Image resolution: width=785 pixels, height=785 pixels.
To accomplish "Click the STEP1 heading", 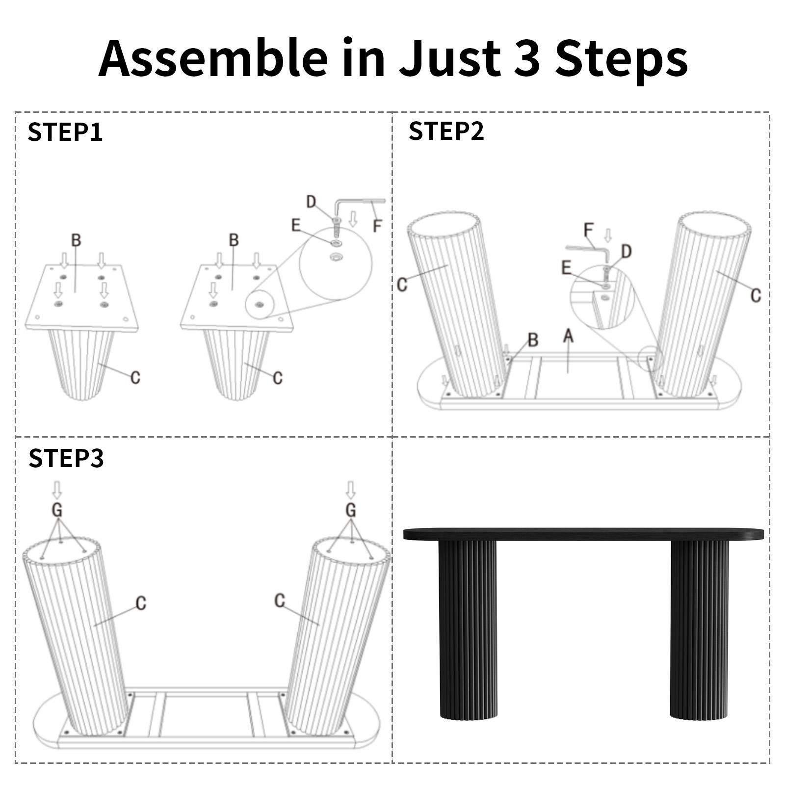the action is tap(65, 132).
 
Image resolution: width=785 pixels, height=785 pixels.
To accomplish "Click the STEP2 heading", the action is tap(446, 131).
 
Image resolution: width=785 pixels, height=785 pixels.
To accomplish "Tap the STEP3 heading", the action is tap(66, 458).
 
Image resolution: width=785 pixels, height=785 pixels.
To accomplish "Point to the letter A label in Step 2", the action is tap(568, 336).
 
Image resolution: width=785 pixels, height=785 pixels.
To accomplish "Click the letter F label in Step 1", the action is tap(377, 226).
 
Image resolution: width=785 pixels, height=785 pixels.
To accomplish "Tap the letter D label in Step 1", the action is tap(311, 202).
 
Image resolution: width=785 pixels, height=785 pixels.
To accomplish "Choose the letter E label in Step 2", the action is tap(566, 267).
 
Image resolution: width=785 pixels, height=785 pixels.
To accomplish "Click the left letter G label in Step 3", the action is tap(57, 510).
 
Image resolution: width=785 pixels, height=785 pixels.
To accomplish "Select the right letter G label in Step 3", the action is tap(350, 510).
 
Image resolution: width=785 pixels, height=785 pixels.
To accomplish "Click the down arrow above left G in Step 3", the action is tap(57, 490).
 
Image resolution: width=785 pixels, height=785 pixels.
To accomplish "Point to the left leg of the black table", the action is tap(468, 630).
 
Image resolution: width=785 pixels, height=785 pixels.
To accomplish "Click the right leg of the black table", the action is tap(699, 630).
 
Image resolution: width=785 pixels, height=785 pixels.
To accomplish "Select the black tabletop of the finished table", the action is tap(583, 534).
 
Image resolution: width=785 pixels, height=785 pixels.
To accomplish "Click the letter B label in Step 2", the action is tap(533, 340).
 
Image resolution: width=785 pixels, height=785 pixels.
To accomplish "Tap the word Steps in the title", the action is tap(622, 59).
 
